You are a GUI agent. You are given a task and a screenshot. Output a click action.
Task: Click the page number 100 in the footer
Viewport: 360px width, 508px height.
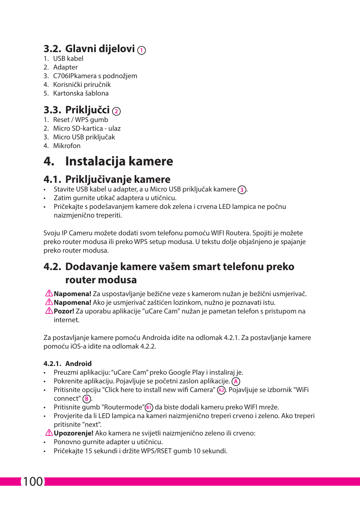coord(33,482)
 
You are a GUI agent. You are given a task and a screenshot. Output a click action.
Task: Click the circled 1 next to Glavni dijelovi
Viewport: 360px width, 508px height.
coord(142,50)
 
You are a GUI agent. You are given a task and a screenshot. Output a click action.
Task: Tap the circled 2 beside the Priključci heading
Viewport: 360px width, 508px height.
coord(117,111)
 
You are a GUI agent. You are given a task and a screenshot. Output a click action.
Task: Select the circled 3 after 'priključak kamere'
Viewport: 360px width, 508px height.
coord(242,190)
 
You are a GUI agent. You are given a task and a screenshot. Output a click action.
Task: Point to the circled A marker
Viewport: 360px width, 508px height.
coord(236,381)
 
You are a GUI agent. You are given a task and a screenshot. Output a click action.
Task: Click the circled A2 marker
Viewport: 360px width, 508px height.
coord(221,390)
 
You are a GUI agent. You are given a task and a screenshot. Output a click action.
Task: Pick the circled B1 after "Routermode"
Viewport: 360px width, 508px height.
coord(149,408)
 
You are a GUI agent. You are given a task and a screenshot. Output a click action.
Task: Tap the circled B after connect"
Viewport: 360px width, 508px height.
coord(87,399)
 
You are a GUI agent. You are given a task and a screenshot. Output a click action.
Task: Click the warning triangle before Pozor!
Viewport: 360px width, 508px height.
coord(49,311)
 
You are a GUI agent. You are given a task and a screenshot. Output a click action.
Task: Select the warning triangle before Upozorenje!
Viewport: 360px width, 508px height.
coord(49,433)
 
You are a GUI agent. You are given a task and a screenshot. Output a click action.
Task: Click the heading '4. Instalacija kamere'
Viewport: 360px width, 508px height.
coord(108,161)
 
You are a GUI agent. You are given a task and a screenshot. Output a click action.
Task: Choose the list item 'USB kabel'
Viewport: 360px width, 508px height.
coord(68,59)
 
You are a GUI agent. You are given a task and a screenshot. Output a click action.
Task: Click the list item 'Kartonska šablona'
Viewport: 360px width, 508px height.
coord(81,93)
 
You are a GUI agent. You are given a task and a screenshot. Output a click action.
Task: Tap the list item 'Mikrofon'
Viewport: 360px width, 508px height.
coord(67,146)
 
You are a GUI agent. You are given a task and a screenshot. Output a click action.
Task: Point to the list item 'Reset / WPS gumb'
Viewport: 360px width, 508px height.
coord(80,120)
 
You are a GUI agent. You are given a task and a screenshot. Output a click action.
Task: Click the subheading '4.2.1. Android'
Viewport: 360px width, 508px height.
coord(68,364)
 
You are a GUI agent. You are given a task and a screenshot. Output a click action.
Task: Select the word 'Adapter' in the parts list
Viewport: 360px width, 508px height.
coord(65,67)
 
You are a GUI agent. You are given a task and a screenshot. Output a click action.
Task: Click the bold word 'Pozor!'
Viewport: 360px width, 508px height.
coord(64,311)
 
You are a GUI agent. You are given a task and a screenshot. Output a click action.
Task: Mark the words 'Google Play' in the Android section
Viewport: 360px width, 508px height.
coord(186,372)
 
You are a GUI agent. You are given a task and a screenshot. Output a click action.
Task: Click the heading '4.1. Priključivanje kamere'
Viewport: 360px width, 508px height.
coord(107,179)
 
